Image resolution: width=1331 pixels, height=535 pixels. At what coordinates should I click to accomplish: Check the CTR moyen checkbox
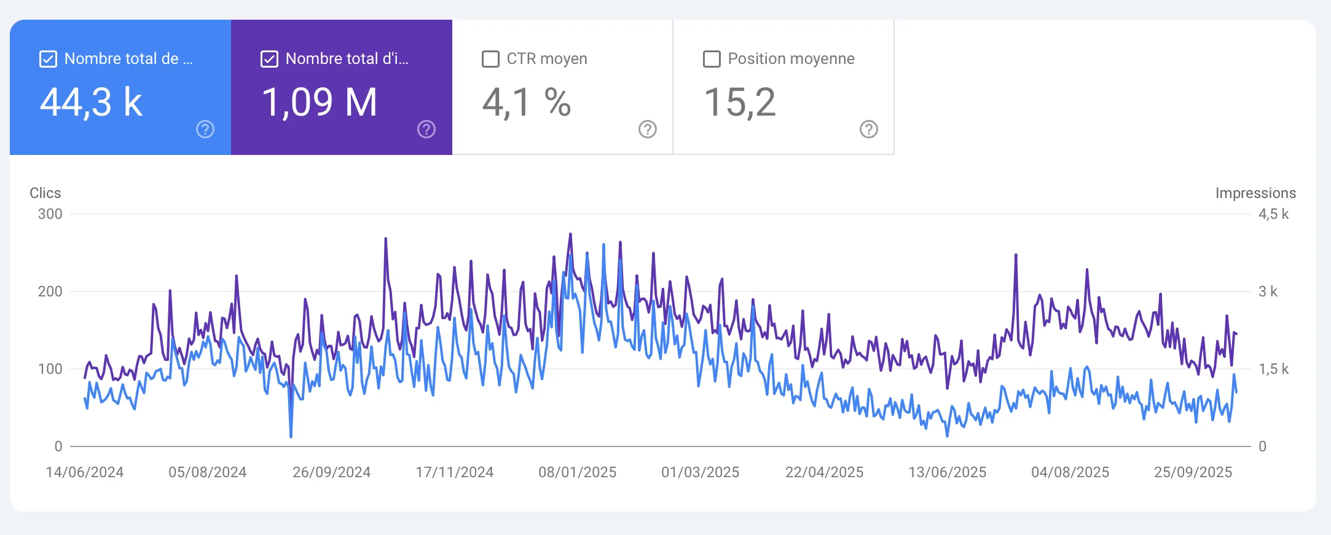point(490,59)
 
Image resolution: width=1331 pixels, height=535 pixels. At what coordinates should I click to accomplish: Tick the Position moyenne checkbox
point(712,59)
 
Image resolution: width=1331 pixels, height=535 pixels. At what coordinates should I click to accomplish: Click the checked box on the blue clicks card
point(48,59)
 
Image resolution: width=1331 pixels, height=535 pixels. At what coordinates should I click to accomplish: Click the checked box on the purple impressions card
point(269,59)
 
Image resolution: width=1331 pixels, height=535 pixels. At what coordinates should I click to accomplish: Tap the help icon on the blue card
point(205,129)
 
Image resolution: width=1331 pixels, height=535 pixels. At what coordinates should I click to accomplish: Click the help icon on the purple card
point(426,129)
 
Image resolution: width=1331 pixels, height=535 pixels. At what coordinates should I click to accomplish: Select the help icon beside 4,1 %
point(648,129)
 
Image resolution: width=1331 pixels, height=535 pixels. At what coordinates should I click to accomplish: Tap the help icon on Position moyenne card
point(869,129)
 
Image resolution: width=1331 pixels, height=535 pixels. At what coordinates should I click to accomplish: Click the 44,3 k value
point(91,102)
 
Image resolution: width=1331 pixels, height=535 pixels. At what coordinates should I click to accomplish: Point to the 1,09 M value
point(320,102)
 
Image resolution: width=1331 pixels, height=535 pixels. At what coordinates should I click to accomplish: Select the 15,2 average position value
point(740,102)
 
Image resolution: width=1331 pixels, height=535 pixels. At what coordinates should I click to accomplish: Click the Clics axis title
point(45,193)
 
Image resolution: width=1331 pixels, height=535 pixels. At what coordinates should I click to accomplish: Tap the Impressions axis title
point(1255,193)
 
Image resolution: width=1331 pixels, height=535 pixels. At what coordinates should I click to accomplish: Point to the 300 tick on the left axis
point(50,214)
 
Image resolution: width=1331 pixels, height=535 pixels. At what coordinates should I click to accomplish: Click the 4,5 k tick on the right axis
point(1273,214)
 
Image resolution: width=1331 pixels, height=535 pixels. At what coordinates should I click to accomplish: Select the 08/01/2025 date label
point(578,472)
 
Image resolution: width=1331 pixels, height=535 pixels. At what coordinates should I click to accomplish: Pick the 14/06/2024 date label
point(85,472)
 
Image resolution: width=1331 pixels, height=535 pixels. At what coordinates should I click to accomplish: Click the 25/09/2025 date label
point(1193,472)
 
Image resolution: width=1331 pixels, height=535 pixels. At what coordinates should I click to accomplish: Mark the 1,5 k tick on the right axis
point(1273,369)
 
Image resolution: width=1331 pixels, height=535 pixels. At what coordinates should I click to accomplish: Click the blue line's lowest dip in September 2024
point(291,437)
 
